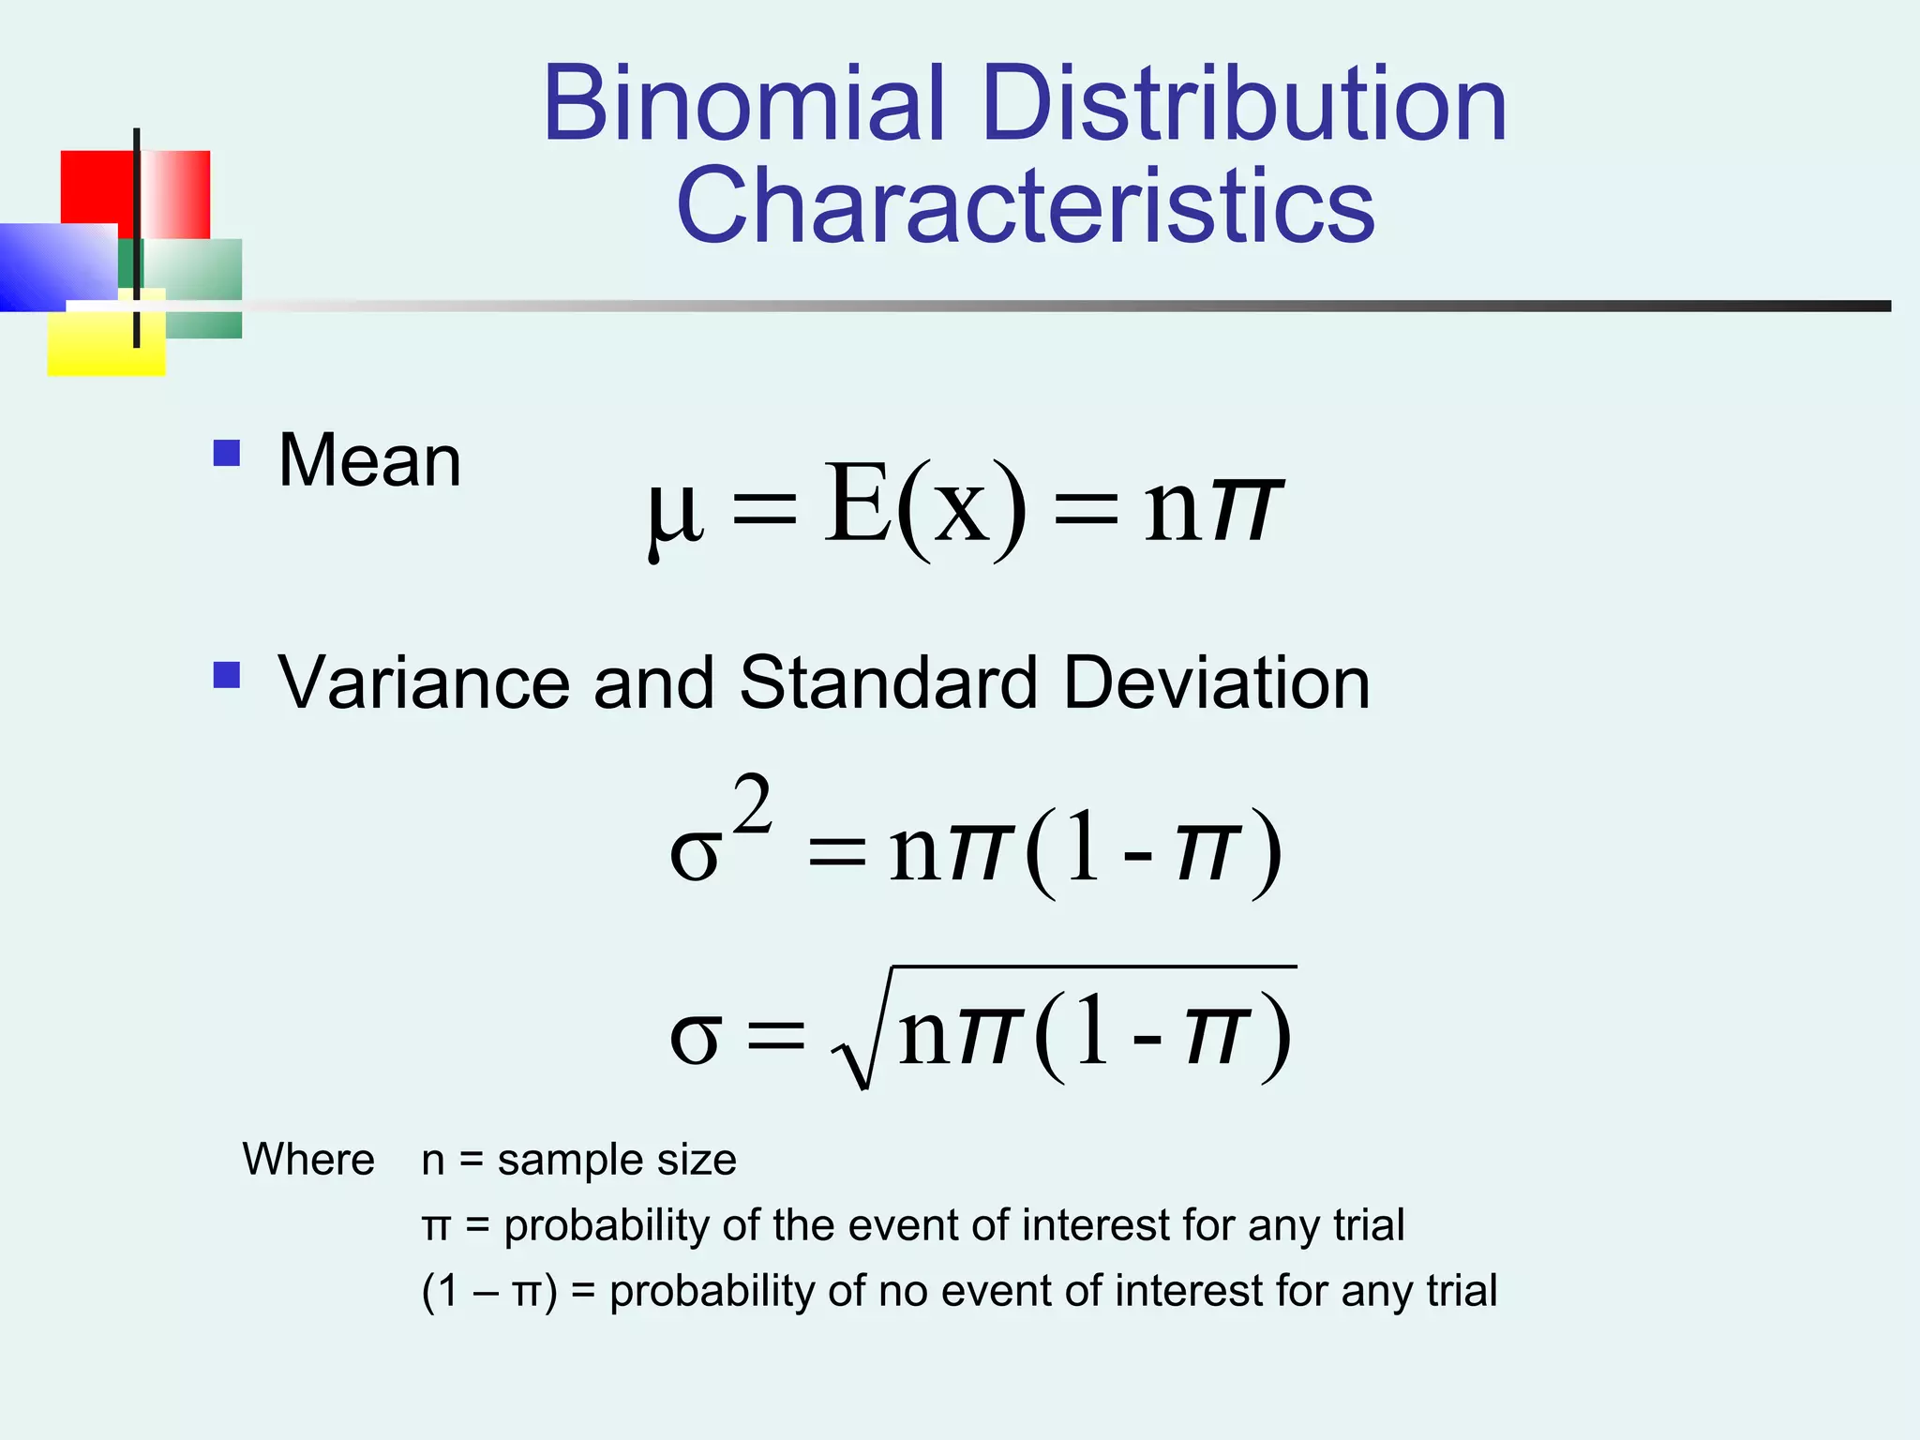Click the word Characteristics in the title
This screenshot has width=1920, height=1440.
pyautogui.click(x=1026, y=205)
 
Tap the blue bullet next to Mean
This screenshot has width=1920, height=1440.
pyautogui.click(x=227, y=454)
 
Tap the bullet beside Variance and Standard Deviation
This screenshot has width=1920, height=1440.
pyautogui.click(x=227, y=675)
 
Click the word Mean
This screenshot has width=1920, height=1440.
pyautogui.click(x=369, y=460)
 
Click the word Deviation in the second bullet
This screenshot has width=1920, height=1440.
pyautogui.click(x=1216, y=682)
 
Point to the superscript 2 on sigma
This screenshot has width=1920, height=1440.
pyautogui.click(x=753, y=803)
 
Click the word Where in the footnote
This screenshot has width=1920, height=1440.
pyautogui.click(x=308, y=1160)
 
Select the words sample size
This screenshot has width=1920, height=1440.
pyautogui.click(x=616, y=1160)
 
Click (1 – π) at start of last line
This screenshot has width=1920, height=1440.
pyautogui.click(x=488, y=1291)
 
